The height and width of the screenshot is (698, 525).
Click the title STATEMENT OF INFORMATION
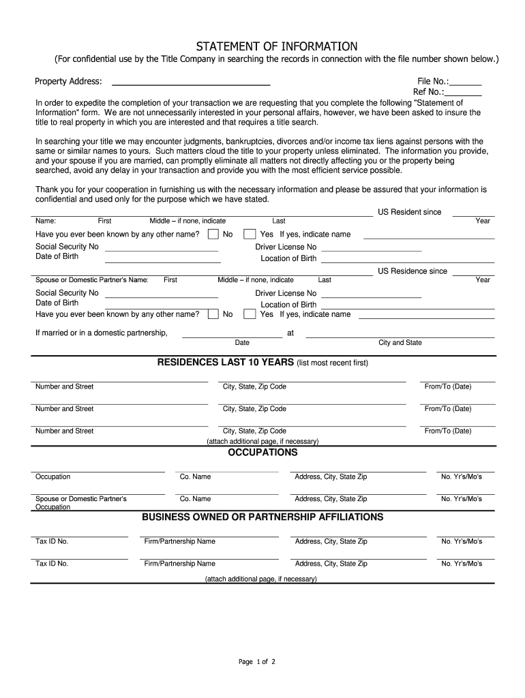pyautogui.click(x=277, y=46)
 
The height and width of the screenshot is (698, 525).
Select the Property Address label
pyautogui.click(x=68, y=82)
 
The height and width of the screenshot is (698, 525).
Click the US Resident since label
pyautogui.click(x=409, y=212)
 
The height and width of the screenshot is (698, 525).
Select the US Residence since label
pyautogui.click(x=412, y=271)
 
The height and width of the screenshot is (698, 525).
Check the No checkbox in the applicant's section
pyautogui.click(x=213, y=234)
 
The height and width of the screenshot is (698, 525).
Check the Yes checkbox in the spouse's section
pyautogui.click(x=250, y=314)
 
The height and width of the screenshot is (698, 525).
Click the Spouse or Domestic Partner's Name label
pyautogui.click(x=91, y=280)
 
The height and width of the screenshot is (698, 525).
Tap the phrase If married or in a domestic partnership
pyautogui.click(x=101, y=333)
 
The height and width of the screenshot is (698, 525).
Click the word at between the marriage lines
pyautogui.click(x=290, y=333)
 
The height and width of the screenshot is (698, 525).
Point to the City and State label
pyautogui.click(x=400, y=343)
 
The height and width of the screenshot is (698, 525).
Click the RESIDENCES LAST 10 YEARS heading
pyautogui.click(x=225, y=362)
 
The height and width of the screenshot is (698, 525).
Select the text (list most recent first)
pyautogui.click(x=332, y=363)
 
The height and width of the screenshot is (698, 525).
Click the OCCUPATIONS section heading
pyautogui.click(x=262, y=453)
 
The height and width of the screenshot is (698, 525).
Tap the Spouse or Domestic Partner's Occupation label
pyautogui.click(x=80, y=503)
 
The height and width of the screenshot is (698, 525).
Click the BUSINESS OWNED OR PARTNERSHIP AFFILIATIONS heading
pyautogui.click(x=262, y=517)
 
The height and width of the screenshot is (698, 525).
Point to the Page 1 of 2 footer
pyautogui.click(x=256, y=662)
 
